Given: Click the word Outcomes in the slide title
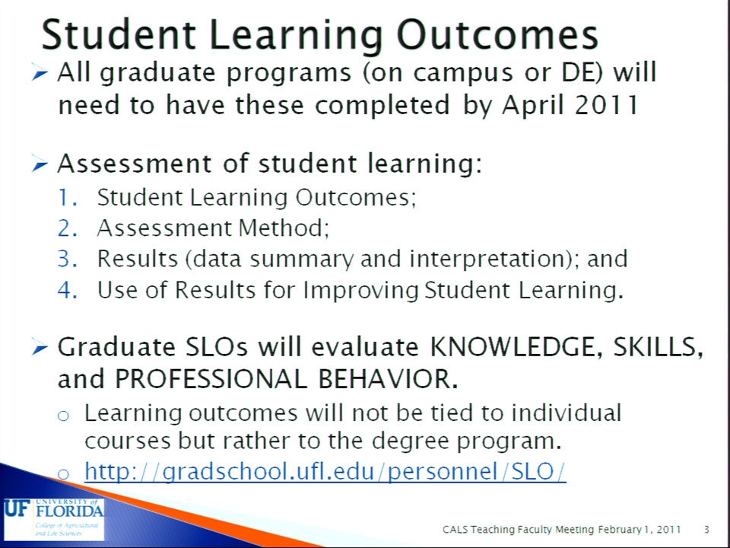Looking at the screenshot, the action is [497, 35].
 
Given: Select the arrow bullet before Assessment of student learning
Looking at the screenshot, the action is [40, 164].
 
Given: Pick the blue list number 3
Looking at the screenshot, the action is [67, 259].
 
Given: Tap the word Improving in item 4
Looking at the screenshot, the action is [360, 290].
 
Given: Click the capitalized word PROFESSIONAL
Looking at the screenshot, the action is [211, 379].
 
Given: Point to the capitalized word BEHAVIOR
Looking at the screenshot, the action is [385, 379].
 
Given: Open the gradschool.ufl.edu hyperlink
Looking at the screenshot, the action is [325, 471].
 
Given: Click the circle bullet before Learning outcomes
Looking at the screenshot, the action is [63, 415].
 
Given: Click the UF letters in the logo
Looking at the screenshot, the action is [17, 508].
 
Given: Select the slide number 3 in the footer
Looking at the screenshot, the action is [706, 530].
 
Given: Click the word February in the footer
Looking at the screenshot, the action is [619, 530].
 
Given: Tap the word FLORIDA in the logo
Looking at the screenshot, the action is [70, 511].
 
